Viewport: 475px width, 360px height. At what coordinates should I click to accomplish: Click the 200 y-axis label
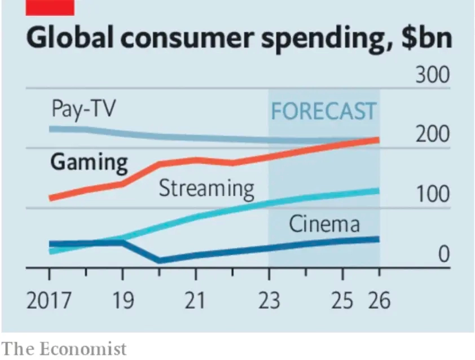click(x=433, y=135)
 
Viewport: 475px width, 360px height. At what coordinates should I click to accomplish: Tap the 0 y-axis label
click(x=443, y=255)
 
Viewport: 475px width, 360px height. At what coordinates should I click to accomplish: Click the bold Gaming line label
click(x=89, y=163)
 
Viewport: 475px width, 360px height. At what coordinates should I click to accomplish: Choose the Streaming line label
click(x=206, y=188)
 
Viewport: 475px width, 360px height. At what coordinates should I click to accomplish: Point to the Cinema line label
click(x=324, y=225)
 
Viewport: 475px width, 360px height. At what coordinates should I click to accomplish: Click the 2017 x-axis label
click(x=49, y=301)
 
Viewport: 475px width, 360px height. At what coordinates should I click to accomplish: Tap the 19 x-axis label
click(x=122, y=301)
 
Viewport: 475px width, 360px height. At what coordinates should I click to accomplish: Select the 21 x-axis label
click(x=195, y=301)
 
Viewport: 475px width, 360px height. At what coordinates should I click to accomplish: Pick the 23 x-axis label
click(x=269, y=301)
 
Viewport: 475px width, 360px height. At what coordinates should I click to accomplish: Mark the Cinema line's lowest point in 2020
click(x=159, y=260)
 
